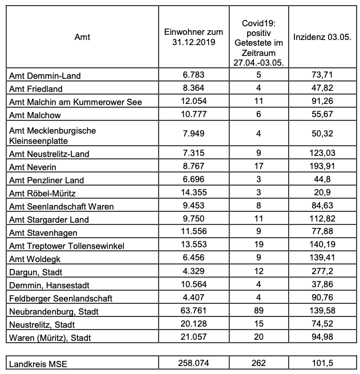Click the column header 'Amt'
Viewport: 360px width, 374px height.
click(x=82, y=37)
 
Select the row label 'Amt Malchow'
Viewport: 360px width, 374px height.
click(x=35, y=115)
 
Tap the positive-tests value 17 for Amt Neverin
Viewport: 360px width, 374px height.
click(x=258, y=167)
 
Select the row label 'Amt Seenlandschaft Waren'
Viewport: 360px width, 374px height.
click(x=62, y=206)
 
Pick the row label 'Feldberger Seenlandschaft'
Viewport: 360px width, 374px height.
click(x=60, y=298)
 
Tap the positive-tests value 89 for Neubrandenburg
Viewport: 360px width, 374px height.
click(x=258, y=311)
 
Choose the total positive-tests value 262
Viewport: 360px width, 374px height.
click(x=258, y=364)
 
